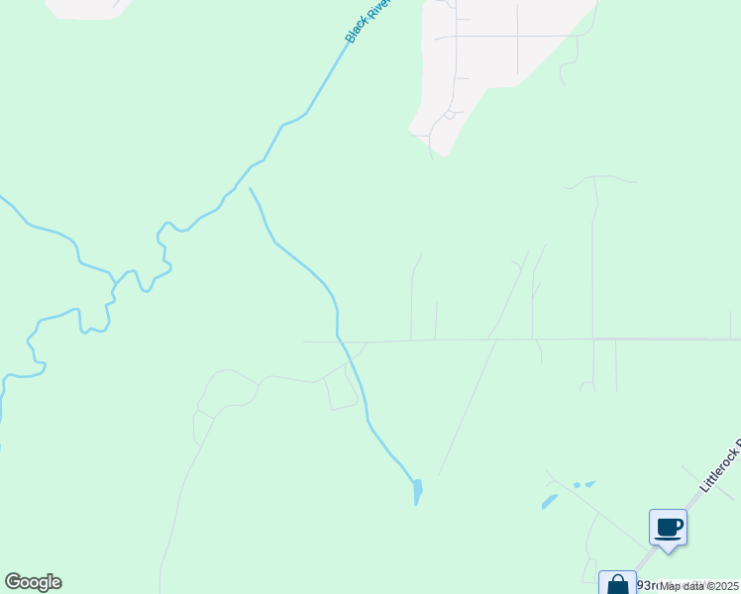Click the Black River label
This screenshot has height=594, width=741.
coord(369,21)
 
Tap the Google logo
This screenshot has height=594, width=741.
coord(33,582)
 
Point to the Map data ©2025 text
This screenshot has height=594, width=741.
coord(699,586)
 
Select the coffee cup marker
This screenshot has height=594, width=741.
coord(668,527)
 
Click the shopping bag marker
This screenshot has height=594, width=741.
coord(617,584)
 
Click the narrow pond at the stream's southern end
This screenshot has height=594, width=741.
coord(417,491)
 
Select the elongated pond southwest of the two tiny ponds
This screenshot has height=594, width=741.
coord(549,502)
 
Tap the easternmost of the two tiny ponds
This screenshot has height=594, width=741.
coord(590,484)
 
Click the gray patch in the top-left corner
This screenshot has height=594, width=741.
coord(89,8)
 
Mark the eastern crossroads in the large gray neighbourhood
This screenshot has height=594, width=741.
coord(517,37)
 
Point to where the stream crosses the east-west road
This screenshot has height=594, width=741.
coord(340,341)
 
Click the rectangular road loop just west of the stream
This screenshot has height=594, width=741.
coord(342,390)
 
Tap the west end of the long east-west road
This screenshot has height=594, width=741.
coord(305,342)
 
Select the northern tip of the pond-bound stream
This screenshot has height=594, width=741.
coord(250,188)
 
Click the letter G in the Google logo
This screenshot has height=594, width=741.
coord(13,581)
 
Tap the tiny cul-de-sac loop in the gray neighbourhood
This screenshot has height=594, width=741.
coord(449,115)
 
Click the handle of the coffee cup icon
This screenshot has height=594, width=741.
coord(679,525)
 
